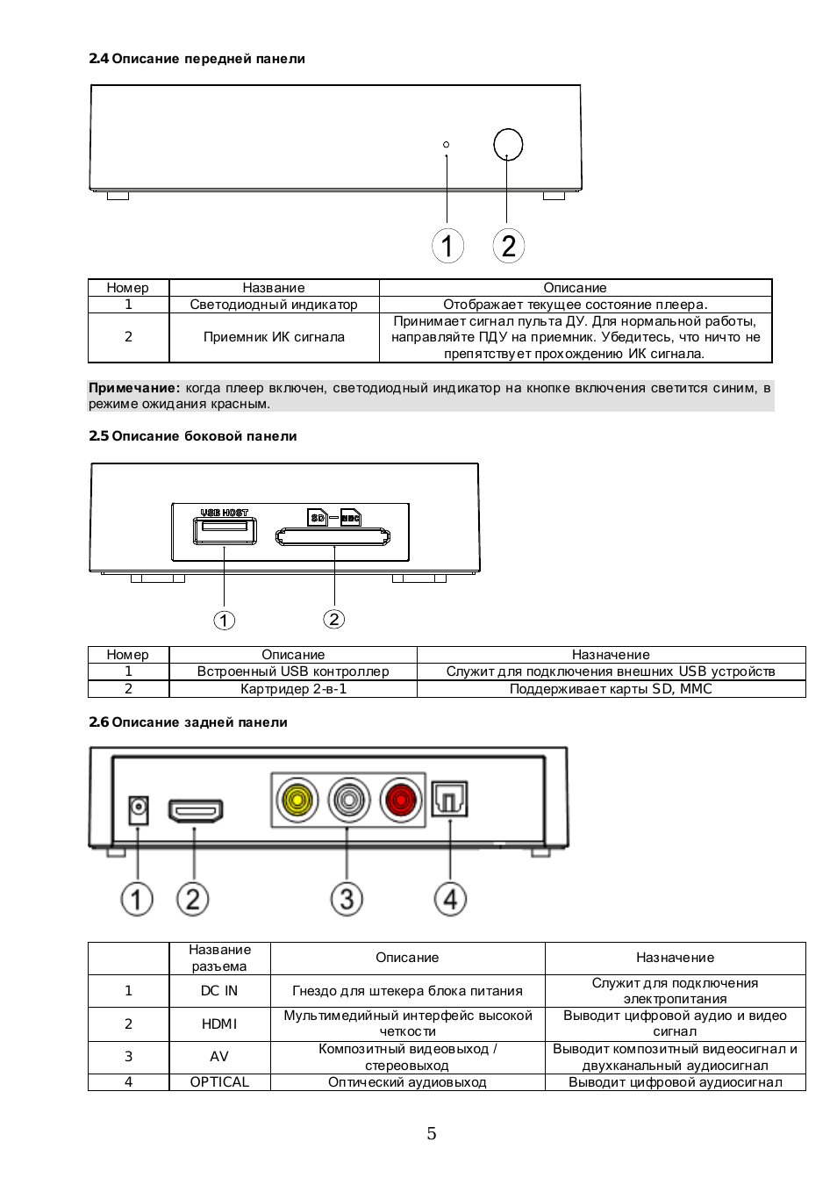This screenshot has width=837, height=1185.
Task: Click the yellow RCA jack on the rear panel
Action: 297,801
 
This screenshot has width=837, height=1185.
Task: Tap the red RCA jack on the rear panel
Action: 400,801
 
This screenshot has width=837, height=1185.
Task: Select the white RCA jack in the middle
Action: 348,801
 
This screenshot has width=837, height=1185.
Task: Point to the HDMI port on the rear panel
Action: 196,810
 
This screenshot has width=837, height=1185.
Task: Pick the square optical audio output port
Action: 449,800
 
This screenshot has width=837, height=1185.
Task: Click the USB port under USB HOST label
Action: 225,531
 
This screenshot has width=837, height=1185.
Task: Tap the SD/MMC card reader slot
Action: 333,536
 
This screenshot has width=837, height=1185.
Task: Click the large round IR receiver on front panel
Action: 508,145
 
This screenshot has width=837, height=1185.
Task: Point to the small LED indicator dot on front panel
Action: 447,145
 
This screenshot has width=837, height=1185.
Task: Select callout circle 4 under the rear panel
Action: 450,900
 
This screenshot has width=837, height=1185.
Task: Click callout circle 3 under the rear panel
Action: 347,900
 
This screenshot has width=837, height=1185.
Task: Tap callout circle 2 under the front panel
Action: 508,246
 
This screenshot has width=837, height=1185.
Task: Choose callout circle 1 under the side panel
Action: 225,620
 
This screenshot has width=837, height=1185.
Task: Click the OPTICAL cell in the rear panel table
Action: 219,1081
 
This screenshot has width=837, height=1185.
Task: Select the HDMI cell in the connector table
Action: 219,1024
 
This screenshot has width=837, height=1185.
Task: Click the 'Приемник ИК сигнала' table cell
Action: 274,337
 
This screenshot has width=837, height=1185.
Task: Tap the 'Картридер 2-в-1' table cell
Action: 293,689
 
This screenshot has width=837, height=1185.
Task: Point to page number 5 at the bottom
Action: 432,1134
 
